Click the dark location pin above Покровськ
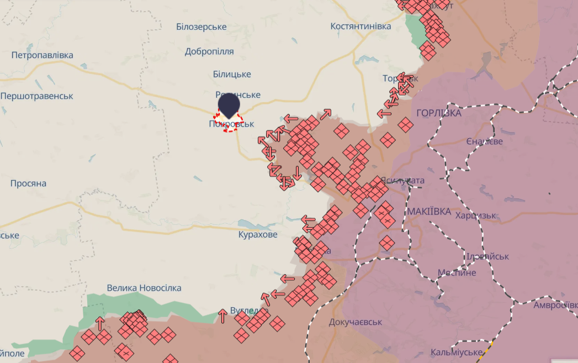pyautogui.click(x=229, y=105)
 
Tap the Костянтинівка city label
pyautogui.click(x=360, y=27)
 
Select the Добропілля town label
pyautogui.click(x=209, y=51)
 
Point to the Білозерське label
pyautogui.click(x=201, y=27)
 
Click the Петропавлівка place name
pyautogui.click(x=43, y=55)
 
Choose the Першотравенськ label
pyautogui.click(x=37, y=96)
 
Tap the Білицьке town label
pyautogui.click(x=232, y=74)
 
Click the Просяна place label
pyautogui.click(x=28, y=183)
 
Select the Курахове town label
pyautogui.click(x=258, y=235)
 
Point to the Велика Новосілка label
pyautogui.click(x=144, y=288)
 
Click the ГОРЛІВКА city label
pyautogui.click(x=439, y=113)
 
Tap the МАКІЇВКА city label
pyautogui.click(x=429, y=212)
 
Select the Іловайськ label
pyautogui.click(x=488, y=256)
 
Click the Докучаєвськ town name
pyautogui.click(x=355, y=322)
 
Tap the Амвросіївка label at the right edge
pyautogui.click(x=555, y=305)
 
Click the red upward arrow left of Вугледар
pyautogui.click(x=222, y=315)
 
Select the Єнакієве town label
pyautogui.click(x=484, y=141)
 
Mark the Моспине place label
pyautogui.click(x=457, y=273)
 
